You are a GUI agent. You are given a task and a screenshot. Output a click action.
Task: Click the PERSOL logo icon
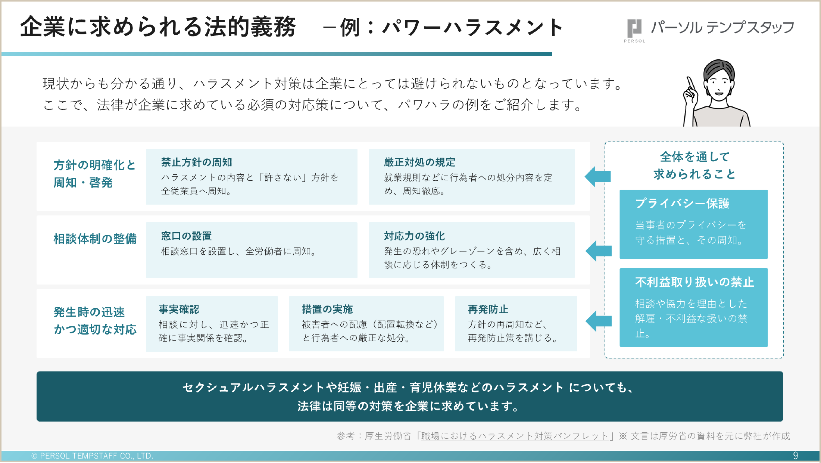634,28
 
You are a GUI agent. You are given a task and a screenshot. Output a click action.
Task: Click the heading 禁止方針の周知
197,162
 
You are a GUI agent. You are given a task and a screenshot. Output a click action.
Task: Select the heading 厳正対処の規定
419,162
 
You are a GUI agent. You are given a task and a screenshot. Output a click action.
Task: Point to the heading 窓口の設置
186,236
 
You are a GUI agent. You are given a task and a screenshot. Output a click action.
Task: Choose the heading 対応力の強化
414,236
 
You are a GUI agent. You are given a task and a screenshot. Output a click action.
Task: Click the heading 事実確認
179,310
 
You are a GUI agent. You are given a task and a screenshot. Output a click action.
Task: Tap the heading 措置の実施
327,310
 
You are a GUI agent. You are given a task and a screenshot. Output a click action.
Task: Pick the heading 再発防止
488,310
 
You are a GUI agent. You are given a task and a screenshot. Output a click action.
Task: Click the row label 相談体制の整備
95,239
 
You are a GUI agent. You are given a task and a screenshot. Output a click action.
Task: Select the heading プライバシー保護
682,203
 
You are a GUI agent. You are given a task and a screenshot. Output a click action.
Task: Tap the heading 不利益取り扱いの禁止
694,282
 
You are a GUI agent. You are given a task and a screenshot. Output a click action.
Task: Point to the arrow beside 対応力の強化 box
599,251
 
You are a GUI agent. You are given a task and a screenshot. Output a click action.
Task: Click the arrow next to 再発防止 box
599,321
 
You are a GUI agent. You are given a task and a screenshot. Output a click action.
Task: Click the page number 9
795,456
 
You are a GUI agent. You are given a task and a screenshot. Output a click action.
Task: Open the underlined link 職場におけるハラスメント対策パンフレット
515,436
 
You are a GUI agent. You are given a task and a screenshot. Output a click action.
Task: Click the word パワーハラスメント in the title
472,28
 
